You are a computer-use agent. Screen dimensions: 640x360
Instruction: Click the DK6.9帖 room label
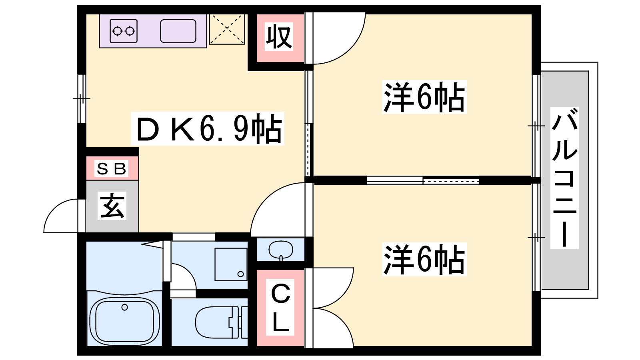(208, 128)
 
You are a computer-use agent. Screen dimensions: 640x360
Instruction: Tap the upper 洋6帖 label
(424, 97)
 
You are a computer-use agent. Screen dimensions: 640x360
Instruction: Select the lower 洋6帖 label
(424, 260)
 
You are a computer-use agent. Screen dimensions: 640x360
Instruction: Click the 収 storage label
(279, 36)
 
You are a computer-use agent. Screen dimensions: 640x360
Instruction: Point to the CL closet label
(280, 307)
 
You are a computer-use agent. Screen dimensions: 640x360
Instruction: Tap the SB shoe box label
(111, 168)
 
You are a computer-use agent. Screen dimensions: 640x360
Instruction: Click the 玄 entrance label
(112, 206)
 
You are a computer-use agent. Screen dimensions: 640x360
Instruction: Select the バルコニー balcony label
(564, 178)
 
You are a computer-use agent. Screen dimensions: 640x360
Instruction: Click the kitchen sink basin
(178, 31)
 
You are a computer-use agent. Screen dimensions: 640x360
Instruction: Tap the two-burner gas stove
(124, 31)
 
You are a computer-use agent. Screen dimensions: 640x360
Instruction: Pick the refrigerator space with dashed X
(227, 29)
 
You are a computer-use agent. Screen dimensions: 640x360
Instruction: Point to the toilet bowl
(217, 322)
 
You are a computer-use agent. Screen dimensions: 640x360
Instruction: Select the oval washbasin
(281, 250)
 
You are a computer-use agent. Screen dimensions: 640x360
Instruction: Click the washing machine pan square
(231, 264)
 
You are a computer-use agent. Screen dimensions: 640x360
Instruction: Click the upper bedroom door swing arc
(350, 48)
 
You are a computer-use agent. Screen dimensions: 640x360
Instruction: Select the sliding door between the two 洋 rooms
(423, 180)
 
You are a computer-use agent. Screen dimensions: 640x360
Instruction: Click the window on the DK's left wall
(82, 99)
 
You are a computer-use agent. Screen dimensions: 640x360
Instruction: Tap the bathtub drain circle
(124, 308)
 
